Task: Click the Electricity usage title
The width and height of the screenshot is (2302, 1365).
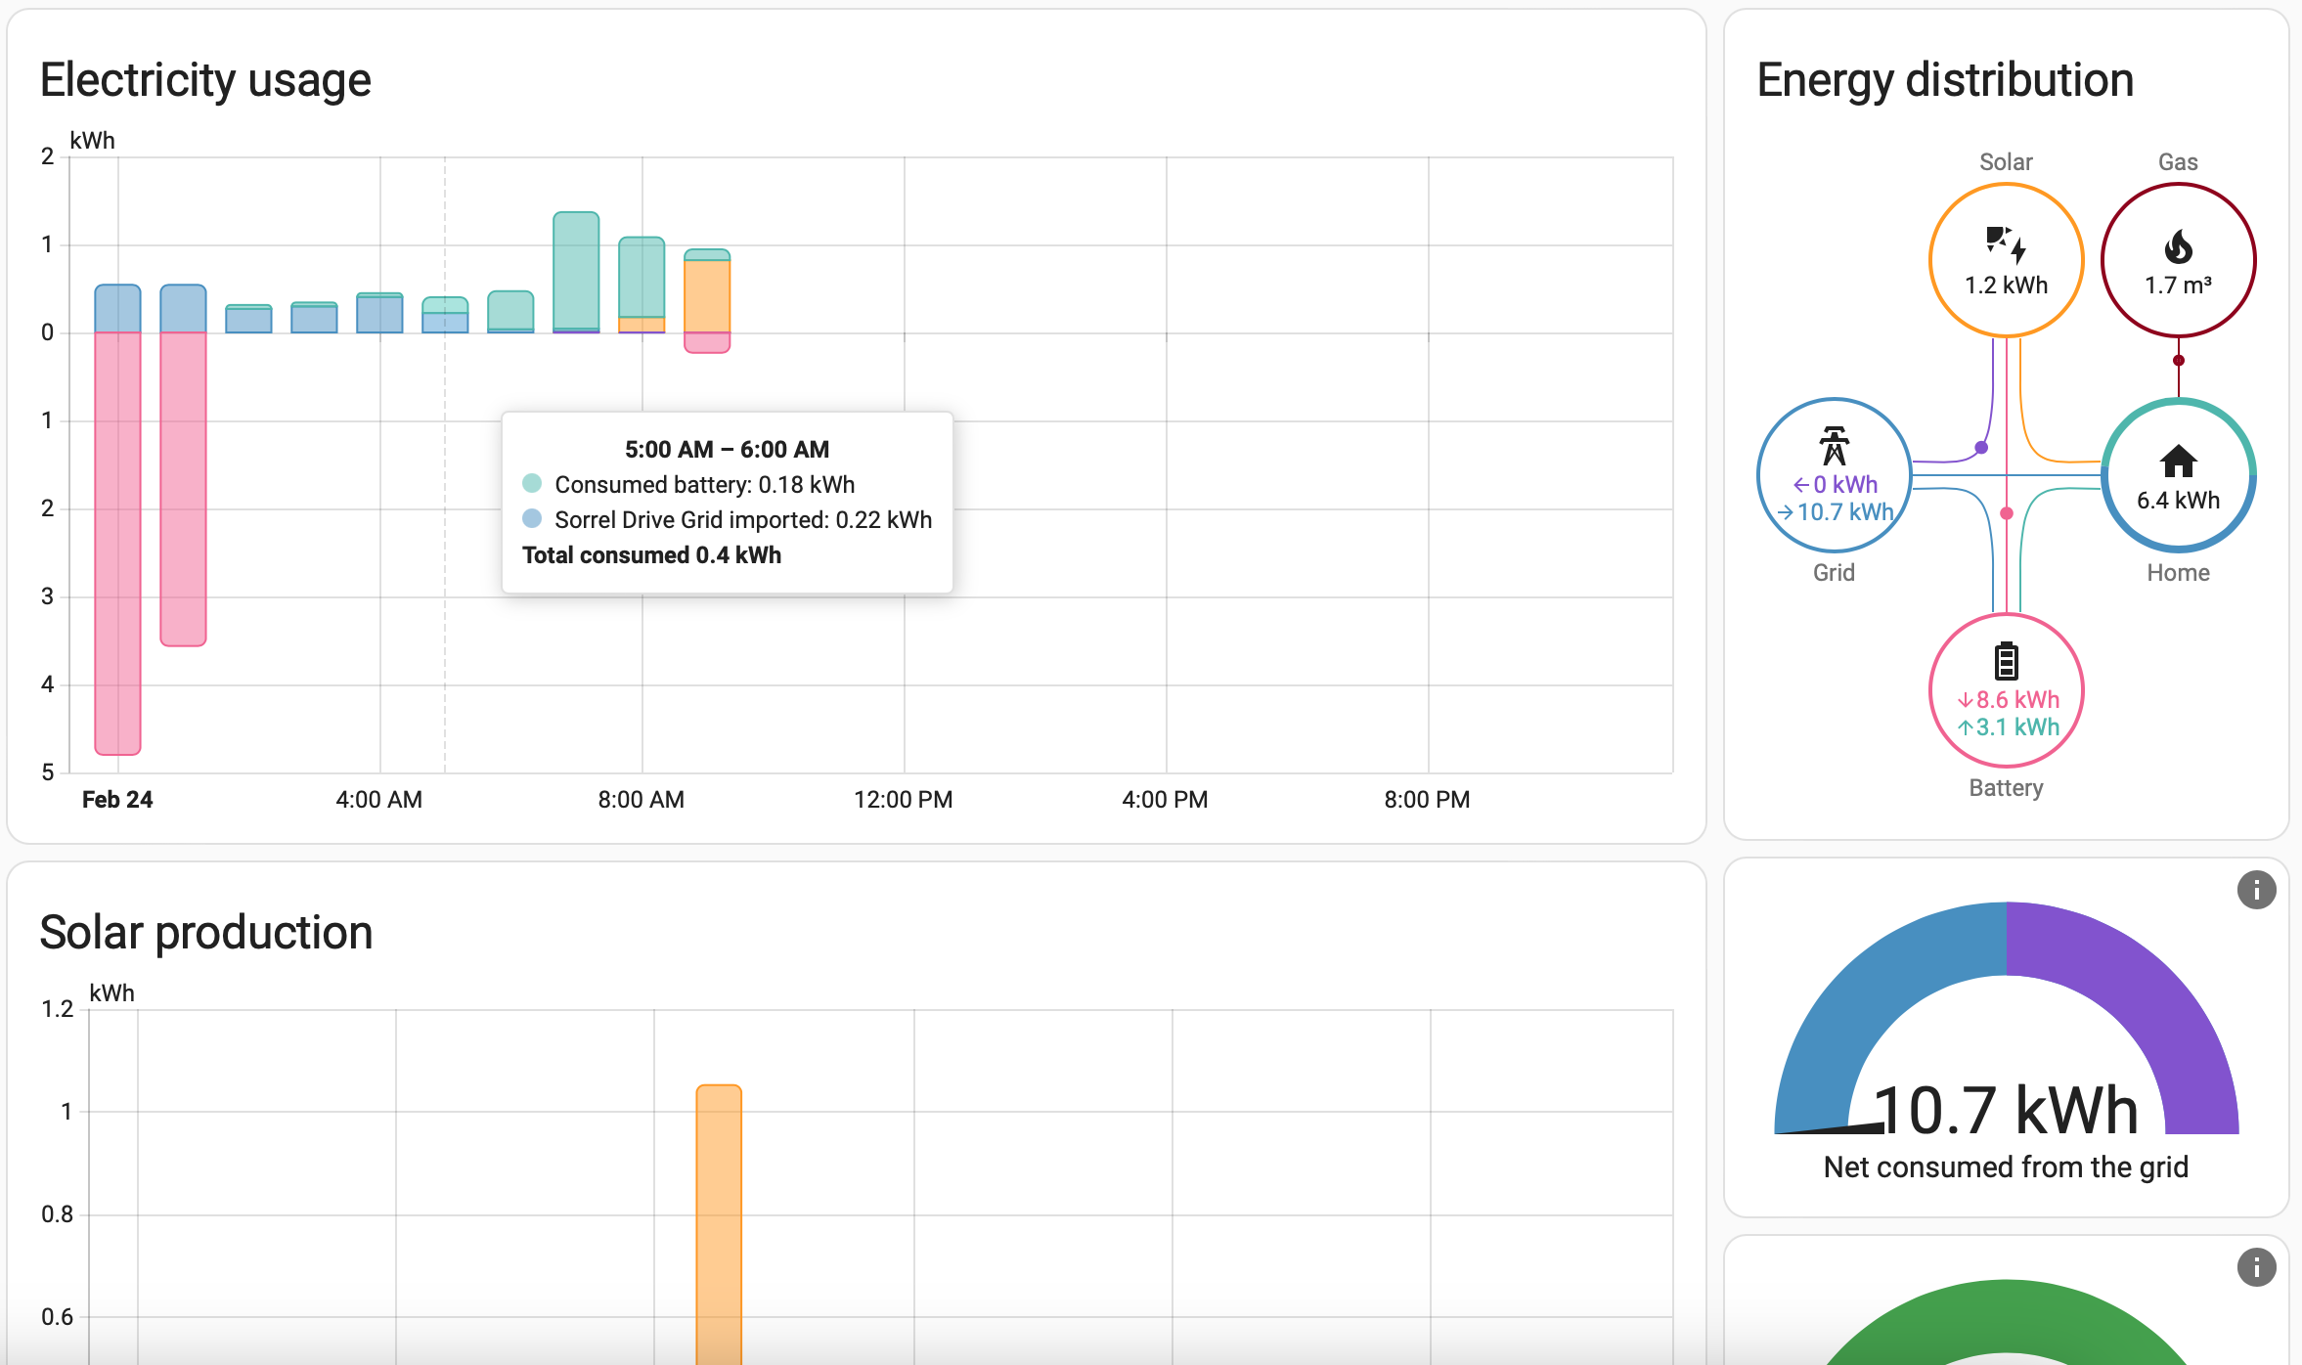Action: [205, 80]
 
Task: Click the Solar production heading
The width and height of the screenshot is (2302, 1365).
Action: [206, 932]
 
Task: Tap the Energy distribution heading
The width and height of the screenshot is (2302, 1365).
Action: [1945, 80]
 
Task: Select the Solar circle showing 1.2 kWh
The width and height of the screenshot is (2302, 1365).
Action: [2006, 260]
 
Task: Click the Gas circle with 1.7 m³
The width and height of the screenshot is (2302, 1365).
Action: [2178, 260]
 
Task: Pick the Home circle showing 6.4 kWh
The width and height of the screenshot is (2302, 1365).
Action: [2178, 476]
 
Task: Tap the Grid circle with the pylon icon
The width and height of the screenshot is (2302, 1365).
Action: [1834, 476]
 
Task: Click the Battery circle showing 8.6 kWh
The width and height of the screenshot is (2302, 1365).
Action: [2006, 691]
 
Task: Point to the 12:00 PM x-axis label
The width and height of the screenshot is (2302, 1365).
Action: [903, 800]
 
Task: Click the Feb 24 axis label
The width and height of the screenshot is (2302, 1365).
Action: [117, 800]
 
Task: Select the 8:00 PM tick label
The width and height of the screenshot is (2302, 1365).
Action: [1427, 800]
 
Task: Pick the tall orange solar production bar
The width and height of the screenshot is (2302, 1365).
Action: [719, 1222]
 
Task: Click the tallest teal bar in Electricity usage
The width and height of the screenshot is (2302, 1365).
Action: [576, 269]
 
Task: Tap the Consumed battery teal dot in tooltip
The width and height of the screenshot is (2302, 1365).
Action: [532, 483]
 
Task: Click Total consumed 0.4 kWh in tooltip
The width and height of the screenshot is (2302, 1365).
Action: [651, 555]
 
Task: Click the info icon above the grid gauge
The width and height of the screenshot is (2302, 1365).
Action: [2256, 890]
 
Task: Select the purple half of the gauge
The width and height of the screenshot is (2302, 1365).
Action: [2151, 1007]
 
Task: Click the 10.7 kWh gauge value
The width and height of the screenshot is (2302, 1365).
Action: [2006, 1111]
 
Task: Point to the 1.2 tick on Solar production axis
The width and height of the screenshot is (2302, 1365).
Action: [57, 1009]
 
